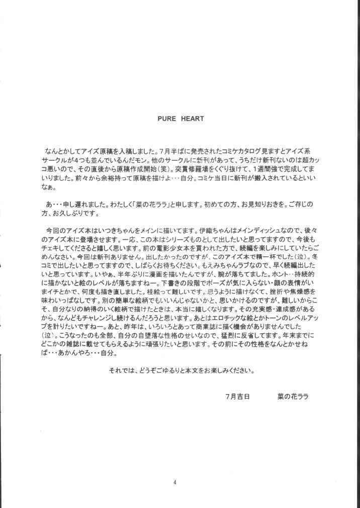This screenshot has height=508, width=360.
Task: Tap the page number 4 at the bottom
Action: coord(174,483)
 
